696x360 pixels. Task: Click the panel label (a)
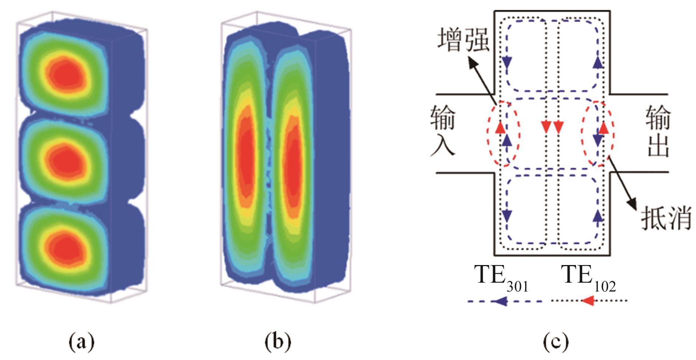[x=81, y=342]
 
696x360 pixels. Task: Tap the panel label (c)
[x=556, y=342]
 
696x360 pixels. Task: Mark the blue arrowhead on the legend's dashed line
[x=500, y=301]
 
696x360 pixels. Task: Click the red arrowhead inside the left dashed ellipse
[x=500, y=127]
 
